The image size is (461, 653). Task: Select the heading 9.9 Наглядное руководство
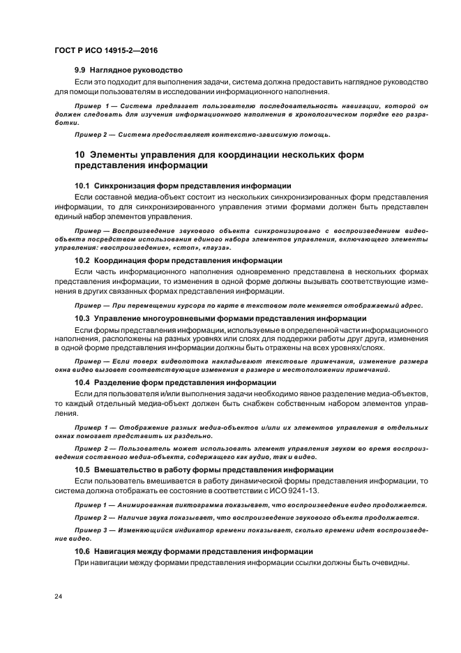click(x=128, y=70)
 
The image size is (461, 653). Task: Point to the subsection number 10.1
click(x=82, y=186)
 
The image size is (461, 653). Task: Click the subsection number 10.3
click(x=82, y=317)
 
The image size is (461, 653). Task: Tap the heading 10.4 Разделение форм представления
click(x=176, y=382)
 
